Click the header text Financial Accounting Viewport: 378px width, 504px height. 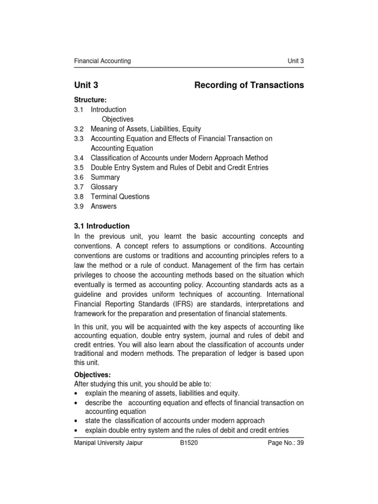(102, 61)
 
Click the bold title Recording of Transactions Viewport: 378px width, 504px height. (249, 85)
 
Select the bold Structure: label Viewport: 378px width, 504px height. (90, 100)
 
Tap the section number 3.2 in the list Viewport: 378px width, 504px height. (79, 129)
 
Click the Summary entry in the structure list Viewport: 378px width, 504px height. (105, 177)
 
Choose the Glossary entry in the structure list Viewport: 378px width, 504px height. (104, 187)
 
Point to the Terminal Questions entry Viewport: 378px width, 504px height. (120, 196)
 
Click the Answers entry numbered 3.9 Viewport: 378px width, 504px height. (103, 206)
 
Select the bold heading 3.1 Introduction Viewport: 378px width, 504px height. (102, 226)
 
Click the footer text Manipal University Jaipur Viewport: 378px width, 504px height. (108, 442)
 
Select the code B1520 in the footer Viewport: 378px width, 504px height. (189, 442)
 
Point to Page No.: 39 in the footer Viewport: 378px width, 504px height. (285, 442)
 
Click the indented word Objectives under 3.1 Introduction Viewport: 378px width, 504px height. (118, 119)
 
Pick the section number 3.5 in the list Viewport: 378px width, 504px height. (79, 167)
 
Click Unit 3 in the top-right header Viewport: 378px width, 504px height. (295, 61)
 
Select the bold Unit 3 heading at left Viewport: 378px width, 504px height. (86, 85)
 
